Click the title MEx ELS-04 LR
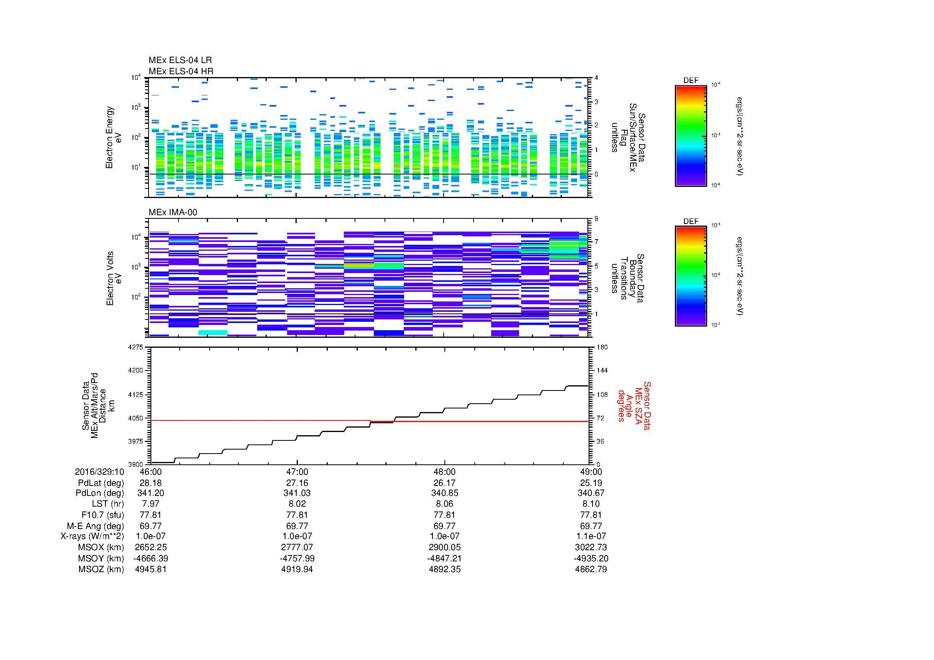180,61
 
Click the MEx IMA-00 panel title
173,212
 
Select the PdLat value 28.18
151,483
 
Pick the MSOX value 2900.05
444,547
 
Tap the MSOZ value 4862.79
591,569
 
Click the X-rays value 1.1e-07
591,536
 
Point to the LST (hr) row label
108,504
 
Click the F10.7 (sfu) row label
103,515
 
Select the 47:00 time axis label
297,472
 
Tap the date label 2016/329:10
99,472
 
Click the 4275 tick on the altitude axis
136,347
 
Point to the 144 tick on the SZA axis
602,371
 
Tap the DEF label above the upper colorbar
691,81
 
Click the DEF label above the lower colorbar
691,222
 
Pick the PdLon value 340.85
444,493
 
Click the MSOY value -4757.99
297,558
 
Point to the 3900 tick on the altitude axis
136,464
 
